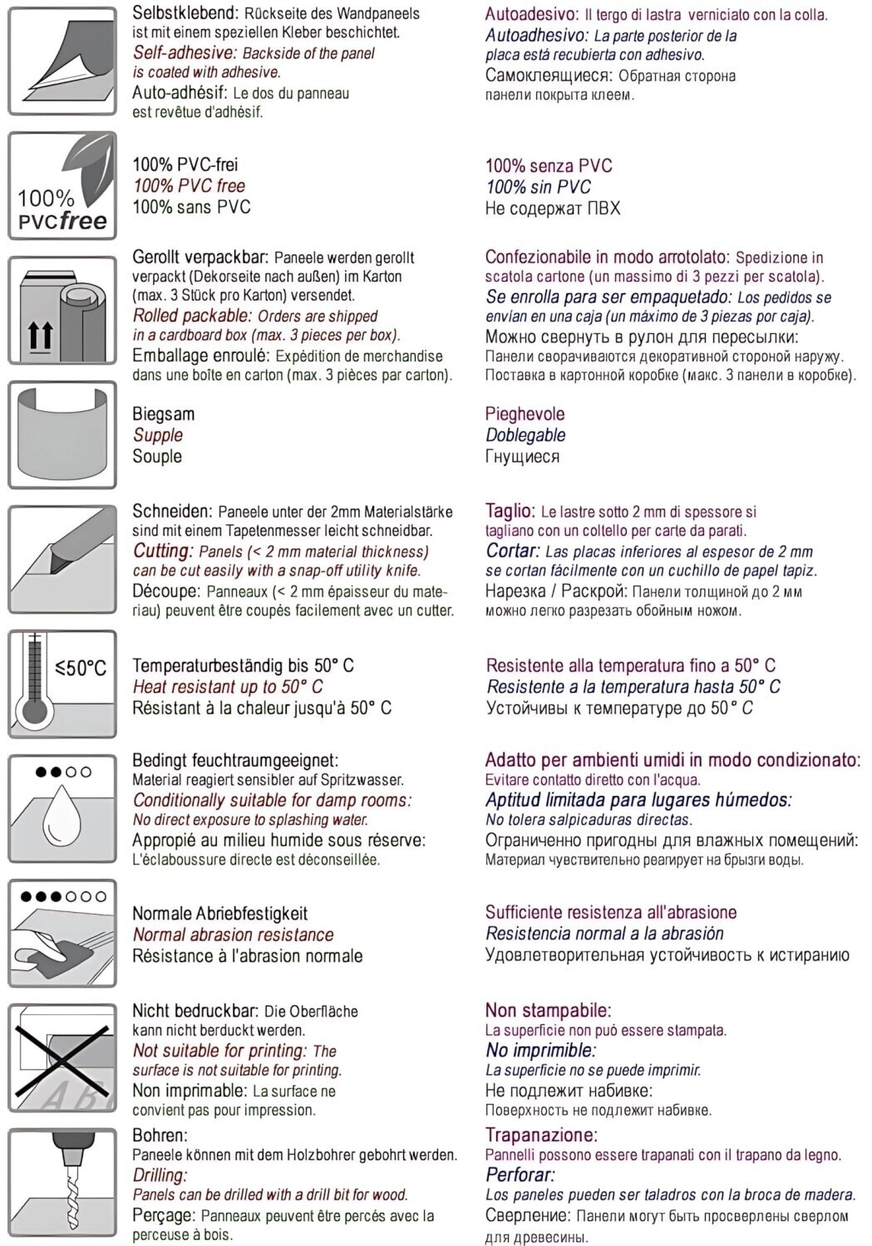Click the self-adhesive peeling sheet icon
62,61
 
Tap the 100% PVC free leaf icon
62,185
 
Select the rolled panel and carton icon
62,310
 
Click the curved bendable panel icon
62,434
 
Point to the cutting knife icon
62,559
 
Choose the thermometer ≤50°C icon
62,684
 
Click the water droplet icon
62,808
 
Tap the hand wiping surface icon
62,933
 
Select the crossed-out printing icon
62,1057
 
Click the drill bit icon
62,1182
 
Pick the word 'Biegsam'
163,414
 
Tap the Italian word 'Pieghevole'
525,414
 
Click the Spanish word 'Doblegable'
525,435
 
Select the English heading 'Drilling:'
160,1175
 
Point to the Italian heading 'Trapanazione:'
541,1135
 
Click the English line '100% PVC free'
190,186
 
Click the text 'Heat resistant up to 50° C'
228,687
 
